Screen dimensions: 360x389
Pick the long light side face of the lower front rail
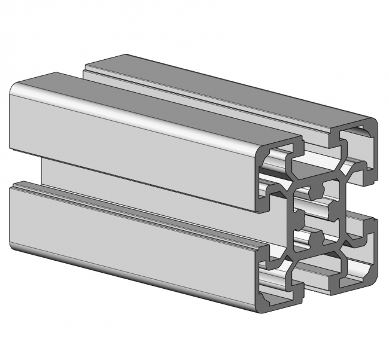click(132, 239)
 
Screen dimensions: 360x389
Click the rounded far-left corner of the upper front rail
click(15, 90)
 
